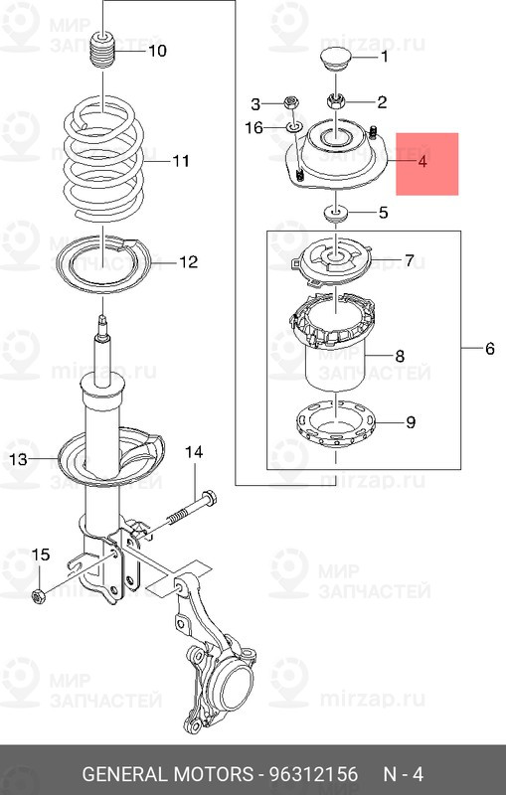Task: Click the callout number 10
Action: [157, 51]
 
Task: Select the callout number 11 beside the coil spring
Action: [181, 161]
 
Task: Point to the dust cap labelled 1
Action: [337, 60]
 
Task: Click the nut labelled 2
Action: [336, 101]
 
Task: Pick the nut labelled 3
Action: [292, 103]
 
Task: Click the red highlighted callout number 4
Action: [422, 162]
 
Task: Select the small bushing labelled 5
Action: [336, 213]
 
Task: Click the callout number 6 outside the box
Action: [489, 349]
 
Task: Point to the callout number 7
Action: [410, 260]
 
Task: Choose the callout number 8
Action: [400, 356]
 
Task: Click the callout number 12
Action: [188, 261]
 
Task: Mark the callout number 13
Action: [19, 459]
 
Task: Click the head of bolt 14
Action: [209, 499]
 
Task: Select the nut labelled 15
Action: [39, 596]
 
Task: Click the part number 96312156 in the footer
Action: [313, 774]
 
